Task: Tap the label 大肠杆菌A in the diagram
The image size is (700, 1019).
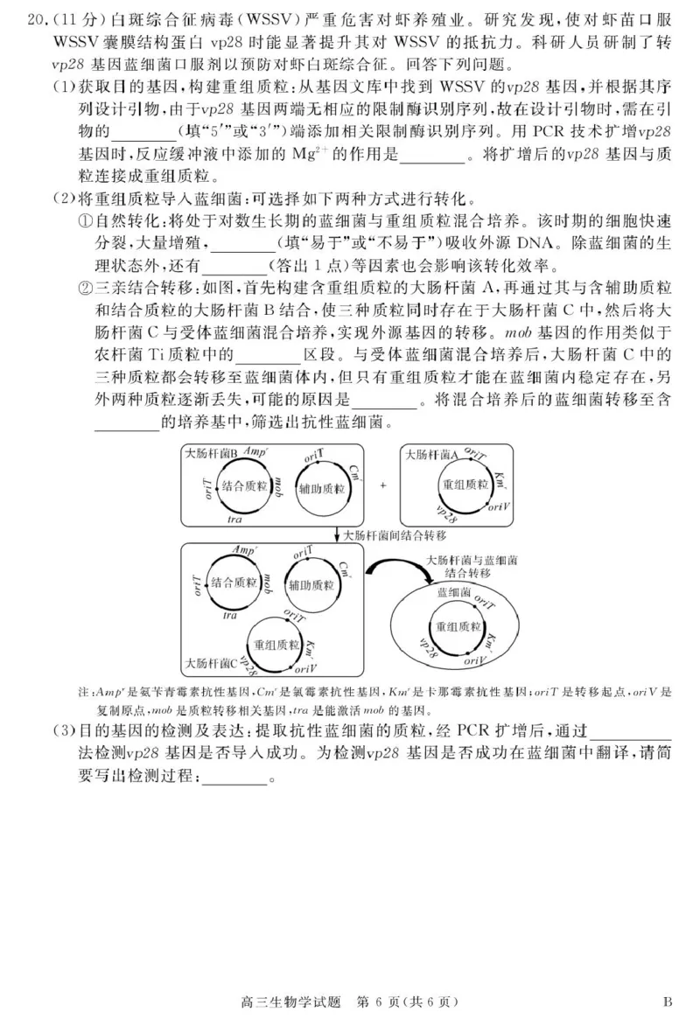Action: [x=430, y=454]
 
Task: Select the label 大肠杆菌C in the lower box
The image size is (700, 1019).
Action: [x=211, y=661]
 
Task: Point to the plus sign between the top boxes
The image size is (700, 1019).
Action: [x=382, y=484]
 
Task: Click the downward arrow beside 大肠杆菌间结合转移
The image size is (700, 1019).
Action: [x=337, y=534]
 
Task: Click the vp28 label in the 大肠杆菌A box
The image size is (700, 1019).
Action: [x=444, y=513]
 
